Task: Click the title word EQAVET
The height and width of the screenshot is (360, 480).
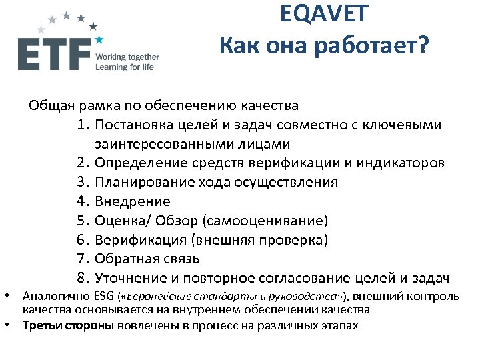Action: [325, 14]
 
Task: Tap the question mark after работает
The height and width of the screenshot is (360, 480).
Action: [424, 46]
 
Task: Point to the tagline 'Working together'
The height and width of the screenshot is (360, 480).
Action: [127, 57]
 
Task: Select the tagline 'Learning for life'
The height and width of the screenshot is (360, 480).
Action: [125, 67]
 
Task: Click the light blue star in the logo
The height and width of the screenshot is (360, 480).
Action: [99, 40]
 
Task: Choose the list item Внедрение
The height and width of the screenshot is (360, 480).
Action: [133, 201]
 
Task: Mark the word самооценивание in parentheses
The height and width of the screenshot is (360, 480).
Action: [278, 221]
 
